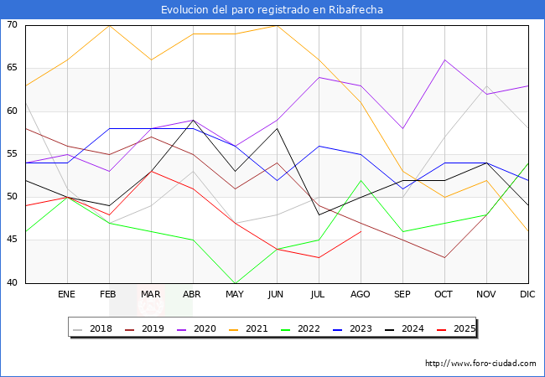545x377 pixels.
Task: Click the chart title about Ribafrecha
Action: [x=272, y=9]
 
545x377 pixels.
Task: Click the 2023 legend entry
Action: [x=353, y=329]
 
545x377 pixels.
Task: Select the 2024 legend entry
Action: [x=404, y=329]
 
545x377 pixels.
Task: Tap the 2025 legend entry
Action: [x=455, y=329]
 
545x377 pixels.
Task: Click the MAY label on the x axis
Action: [x=235, y=295]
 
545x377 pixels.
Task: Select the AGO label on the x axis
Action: [x=361, y=295]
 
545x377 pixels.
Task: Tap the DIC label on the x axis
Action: [x=528, y=295]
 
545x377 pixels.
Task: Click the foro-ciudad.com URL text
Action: [x=480, y=364]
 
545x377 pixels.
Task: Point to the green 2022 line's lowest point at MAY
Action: [x=235, y=283]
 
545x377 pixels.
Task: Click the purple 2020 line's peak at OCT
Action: [x=444, y=59]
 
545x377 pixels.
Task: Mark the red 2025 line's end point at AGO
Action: [x=361, y=231]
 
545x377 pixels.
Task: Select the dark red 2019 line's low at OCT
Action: [x=444, y=257]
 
